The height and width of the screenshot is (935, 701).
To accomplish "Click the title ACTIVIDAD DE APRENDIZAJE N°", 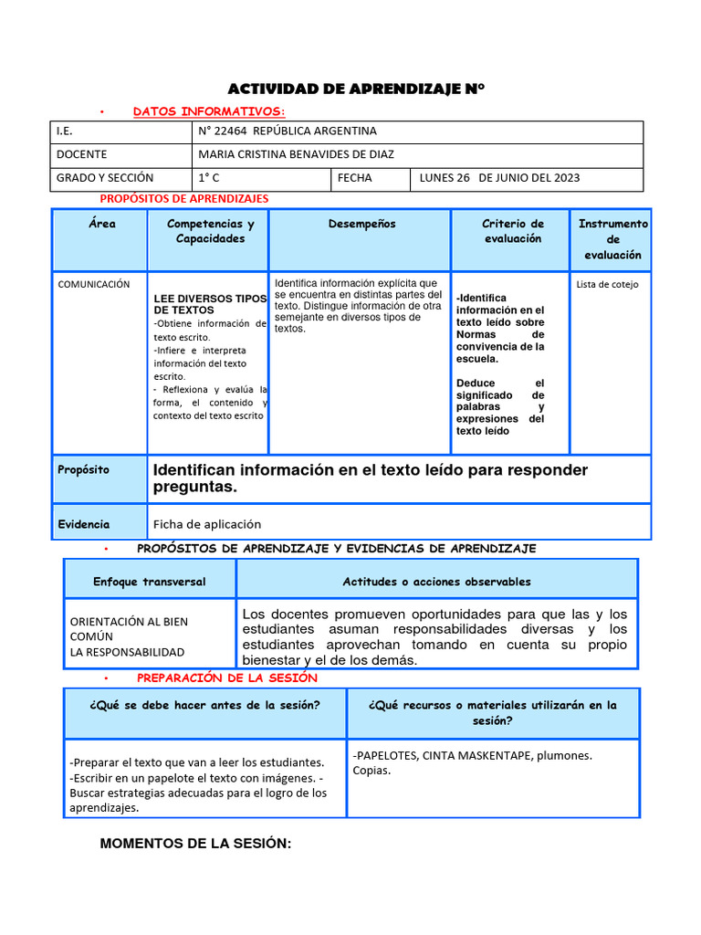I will pos(355,89).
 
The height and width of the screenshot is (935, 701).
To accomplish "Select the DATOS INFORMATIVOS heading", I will pos(209,111).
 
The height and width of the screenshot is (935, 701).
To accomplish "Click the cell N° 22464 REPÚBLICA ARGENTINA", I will pos(288,131).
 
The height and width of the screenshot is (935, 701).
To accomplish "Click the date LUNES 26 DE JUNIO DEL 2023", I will pos(499,178).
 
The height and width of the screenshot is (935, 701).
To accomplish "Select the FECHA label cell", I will pos(355,178).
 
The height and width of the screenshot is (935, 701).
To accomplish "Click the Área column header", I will pos(102,224).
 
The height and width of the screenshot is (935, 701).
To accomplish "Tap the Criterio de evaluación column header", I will pos(512,231).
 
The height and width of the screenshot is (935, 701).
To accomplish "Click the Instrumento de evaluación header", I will pos(612,239).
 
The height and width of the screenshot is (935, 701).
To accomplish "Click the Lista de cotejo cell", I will pos(608,285).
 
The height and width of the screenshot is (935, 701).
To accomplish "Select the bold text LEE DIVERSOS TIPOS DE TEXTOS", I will pos(209,304).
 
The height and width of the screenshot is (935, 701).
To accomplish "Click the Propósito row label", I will pos(83,470).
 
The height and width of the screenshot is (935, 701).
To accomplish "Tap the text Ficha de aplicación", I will pos(207,524).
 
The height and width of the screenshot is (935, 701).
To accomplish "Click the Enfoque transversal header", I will pos(150,582).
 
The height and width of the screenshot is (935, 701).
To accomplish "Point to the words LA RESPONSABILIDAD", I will pos(127,652).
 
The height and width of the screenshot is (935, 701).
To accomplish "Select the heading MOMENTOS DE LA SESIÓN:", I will pos(195,844).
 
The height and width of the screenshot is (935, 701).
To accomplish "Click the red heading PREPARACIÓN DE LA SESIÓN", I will pos(226,678).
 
